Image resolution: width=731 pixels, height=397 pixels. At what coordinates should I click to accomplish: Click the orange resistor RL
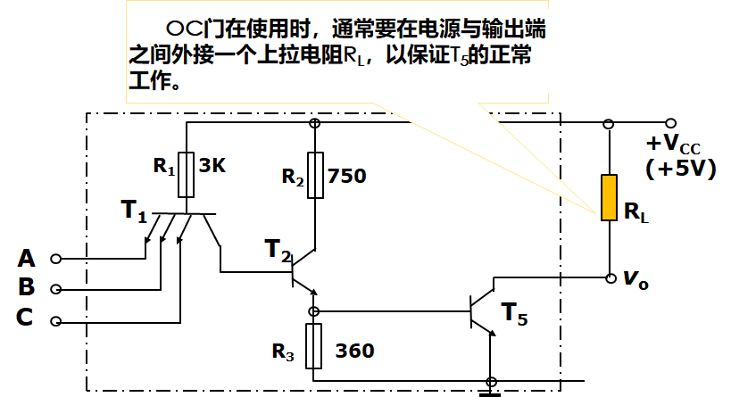pos(609,198)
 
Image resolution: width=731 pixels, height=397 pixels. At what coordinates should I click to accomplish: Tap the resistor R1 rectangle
pos(187,174)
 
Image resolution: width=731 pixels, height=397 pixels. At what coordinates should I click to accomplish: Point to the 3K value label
pos(212,167)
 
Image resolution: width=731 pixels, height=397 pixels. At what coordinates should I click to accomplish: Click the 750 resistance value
pos(347,177)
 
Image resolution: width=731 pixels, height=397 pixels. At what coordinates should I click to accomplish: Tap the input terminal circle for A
pos(56,260)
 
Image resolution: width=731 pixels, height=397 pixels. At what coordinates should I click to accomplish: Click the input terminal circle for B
pos(56,290)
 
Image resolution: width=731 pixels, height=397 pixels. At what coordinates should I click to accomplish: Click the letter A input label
pos(27,259)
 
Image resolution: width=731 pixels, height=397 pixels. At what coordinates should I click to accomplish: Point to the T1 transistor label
pos(134,212)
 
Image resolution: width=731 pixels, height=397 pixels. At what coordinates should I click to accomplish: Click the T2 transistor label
pos(278,250)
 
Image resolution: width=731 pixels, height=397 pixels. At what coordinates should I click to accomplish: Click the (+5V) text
pos(680,169)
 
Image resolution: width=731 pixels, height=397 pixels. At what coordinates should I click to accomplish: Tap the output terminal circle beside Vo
pos(610,277)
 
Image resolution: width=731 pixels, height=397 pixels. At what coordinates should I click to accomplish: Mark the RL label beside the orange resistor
pos(636,212)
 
